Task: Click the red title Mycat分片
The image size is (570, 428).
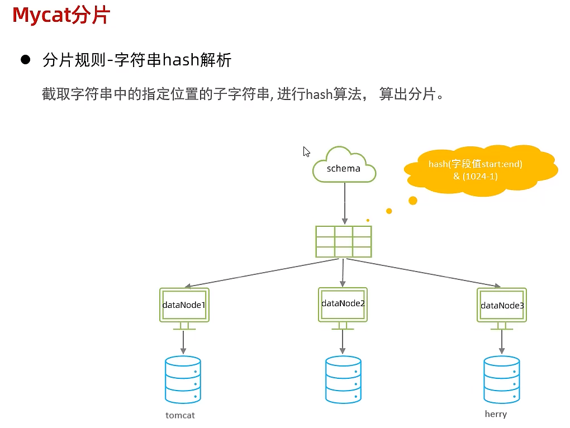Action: point(60,16)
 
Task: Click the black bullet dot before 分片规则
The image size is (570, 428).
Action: point(25,60)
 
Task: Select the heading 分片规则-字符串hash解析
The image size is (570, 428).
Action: point(137,60)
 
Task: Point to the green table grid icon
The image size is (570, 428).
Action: point(343,241)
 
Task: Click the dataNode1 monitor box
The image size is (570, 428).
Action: point(184,305)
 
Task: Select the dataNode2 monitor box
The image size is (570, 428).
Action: point(343,304)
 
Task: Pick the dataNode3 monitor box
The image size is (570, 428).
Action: point(502,305)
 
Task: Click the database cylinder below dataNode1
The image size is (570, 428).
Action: point(183,380)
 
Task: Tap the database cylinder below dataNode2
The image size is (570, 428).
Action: point(343,380)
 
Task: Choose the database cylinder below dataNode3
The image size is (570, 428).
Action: point(501,380)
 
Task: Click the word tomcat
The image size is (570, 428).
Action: point(180,415)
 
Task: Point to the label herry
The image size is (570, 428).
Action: point(496,414)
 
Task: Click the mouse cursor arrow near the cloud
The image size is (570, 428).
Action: point(306,151)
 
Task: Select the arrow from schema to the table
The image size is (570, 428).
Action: point(344,204)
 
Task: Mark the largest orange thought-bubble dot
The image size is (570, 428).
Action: point(413,201)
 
